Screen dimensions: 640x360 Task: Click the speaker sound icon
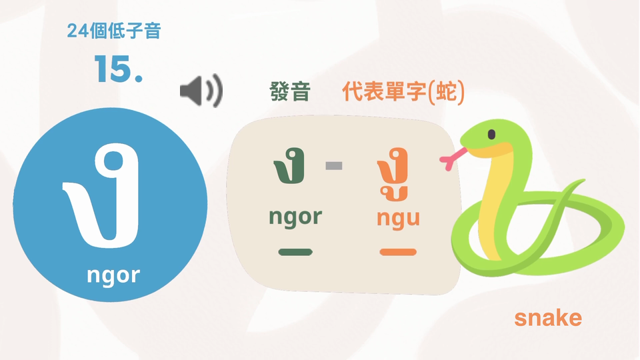(x=201, y=91)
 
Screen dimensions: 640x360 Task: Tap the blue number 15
(x=119, y=69)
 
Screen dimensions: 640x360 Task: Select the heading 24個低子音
(x=114, y=31)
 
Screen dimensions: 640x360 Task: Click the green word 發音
(x=290, y=91)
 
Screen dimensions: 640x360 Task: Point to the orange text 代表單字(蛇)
(x=403, y=91)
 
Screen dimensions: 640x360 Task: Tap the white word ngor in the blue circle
(x=113, y=275)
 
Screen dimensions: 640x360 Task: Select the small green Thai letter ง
(x=289, y=166)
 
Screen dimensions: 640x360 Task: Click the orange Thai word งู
(x=393, y=174)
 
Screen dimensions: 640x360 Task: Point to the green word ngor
(x=295, y=217)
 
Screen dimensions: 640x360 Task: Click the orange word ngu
(x=398, y=219)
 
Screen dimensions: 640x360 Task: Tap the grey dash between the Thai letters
(x=334, y=166)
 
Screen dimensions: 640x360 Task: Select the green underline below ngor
(x=295, y=252)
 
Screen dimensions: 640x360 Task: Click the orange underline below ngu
(x=398, y=252)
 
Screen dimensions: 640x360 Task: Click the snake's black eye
(x=491, y=134)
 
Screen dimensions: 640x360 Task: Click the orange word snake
(x=548, y=317)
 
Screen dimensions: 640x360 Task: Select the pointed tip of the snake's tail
(x=584, y=180)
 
